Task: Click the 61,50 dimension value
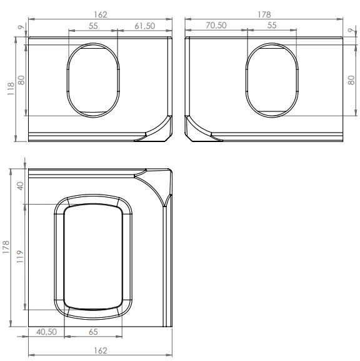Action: (x=145, y=26)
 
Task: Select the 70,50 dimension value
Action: (x=216, y=25)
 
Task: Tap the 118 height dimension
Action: (x=11, y=89)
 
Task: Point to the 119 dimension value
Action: (x=20, y=257)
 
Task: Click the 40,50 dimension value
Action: (x=46, y=332)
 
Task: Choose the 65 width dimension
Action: (x=93, y=332)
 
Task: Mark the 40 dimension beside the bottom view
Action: (x=21, y=186)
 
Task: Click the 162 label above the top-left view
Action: (x=101, y=15)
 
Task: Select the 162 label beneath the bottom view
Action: (x=101, y=350)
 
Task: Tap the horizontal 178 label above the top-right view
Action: (x=264, y=15)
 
